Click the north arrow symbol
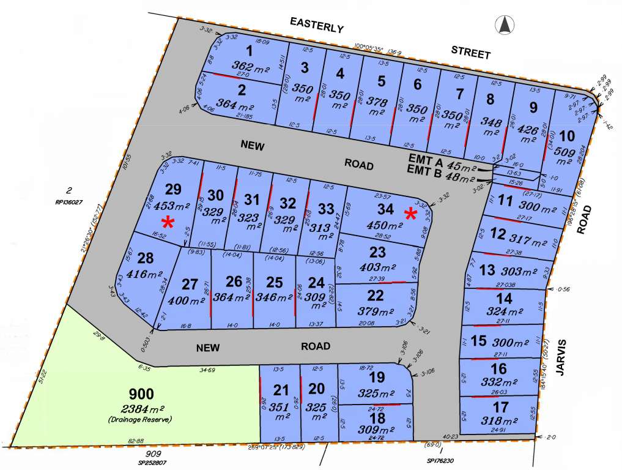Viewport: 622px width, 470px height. pyautogui.click(x=504, y=25)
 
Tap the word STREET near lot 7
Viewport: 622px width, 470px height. pyautogui.click(x=470, y=53)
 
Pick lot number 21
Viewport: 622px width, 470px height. pyautogui.click(x=281, y=389)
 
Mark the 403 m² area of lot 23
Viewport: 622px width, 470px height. pyautogui.click(x=379, y=267)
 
